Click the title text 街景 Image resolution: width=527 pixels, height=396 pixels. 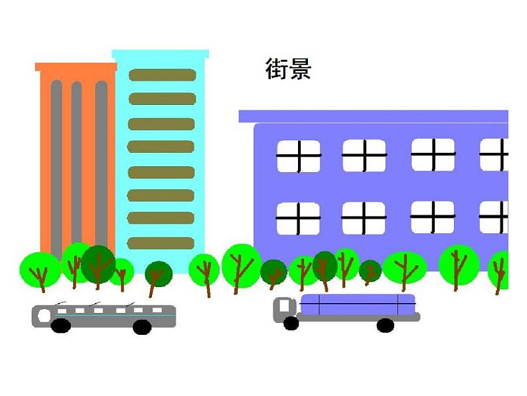click(288, 69)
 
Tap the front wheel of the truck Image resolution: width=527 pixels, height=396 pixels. click(291, 324)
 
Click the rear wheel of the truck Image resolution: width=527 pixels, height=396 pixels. click(385, 325)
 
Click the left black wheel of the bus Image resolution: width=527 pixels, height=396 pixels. click(60, 326)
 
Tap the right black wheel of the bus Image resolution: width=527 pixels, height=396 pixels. click(142, 327)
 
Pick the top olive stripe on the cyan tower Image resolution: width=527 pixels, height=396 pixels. click(162, 75)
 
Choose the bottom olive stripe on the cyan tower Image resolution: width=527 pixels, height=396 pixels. click(161, 243)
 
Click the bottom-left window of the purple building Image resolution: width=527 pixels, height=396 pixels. click(298, 219)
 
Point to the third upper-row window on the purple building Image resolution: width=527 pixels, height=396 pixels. click(433, 155)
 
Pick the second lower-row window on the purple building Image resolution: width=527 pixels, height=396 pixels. click(363, 218)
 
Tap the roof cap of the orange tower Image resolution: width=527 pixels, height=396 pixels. click(76, 66)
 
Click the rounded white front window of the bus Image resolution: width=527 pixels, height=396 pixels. click(44, 315)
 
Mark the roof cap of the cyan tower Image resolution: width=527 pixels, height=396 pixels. click(160, 54)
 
